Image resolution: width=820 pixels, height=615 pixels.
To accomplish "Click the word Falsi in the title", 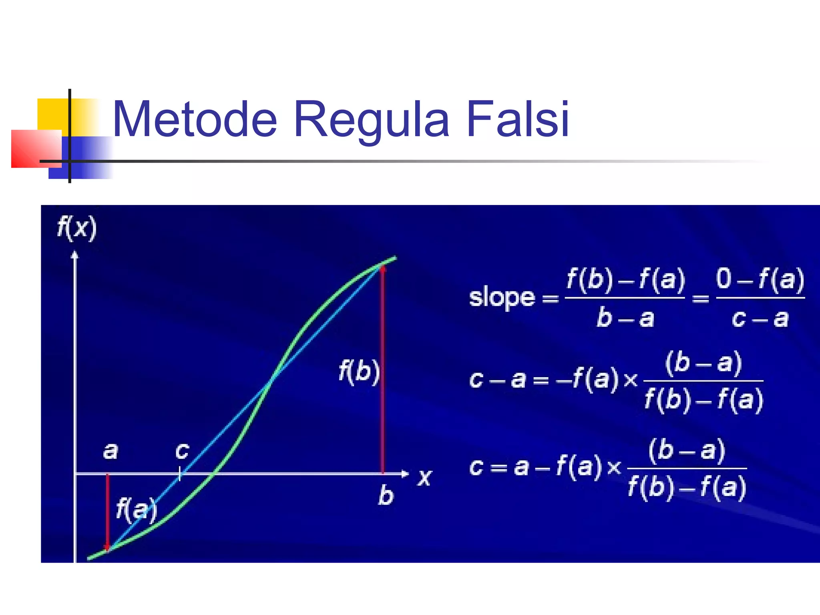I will click(517, 119).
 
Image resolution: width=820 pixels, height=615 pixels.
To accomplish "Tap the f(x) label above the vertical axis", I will click(77, 228).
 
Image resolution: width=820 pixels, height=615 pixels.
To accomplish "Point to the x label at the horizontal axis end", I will click(424, 477).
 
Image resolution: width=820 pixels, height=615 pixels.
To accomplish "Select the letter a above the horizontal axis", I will click(111, 451).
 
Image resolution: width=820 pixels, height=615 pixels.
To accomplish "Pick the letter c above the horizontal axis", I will click(182, 451).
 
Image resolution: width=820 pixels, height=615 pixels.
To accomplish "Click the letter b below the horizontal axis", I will click(386, 495).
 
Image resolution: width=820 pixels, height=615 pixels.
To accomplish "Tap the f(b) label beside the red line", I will click(359, 371).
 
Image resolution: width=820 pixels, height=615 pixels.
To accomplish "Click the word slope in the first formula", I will click(502, 297).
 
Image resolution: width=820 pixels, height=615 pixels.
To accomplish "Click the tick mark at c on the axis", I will click(180, 474).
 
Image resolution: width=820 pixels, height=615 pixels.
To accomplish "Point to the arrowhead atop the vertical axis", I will click(75, 255).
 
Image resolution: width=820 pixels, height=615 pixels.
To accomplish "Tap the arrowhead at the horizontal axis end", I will click(405, 474).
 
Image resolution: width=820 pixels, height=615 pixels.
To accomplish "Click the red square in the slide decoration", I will click(36, 149).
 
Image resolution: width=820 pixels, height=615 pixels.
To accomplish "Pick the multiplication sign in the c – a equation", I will click(631, 380).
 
